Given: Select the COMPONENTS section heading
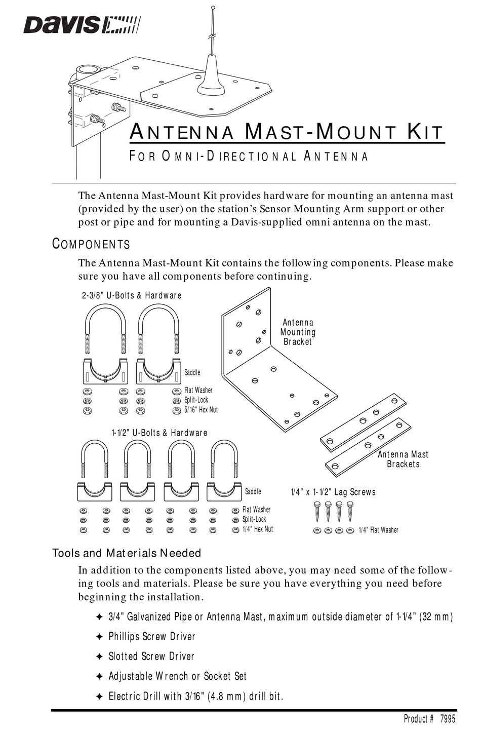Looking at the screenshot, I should click(91, 244).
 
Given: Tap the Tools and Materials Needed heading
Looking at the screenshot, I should click(127, 553).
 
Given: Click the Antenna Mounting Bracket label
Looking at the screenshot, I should click(298, 332).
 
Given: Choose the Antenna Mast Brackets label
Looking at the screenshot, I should click(403, 459).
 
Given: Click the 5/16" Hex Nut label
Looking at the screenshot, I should click(201, 409).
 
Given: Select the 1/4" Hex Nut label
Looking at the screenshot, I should click(257, 529).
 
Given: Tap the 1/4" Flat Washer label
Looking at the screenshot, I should click(378, 530).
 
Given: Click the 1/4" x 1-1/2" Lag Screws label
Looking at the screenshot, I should click(333, 492).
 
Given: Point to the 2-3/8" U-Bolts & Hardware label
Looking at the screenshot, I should click(132, 295).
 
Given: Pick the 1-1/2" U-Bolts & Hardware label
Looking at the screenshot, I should click(159, 433).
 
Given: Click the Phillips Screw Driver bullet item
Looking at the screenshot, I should click(151, 637).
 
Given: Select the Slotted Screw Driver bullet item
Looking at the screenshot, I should click(151, 656).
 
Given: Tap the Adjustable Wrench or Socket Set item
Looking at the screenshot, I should click(177, 676).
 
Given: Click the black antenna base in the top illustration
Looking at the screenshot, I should click(211, 81).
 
